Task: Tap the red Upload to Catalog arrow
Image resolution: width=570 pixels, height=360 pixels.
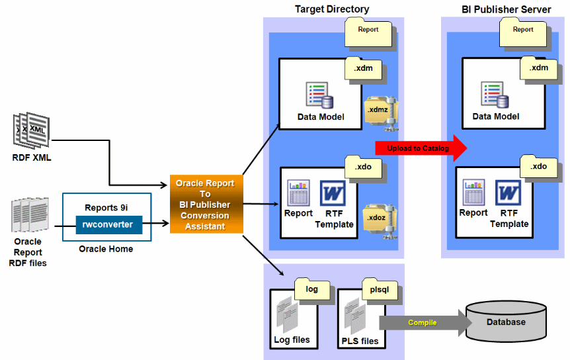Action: tap(421, 148)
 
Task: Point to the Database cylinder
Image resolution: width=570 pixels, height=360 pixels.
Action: tap(506, 322)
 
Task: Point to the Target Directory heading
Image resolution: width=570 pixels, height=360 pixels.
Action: tap(332, 9)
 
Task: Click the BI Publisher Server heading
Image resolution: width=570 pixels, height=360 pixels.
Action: tap(507, 9)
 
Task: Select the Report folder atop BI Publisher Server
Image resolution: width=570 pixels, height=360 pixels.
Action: tap(522, 32)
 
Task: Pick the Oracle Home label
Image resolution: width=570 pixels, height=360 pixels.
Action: tap(106, 249)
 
